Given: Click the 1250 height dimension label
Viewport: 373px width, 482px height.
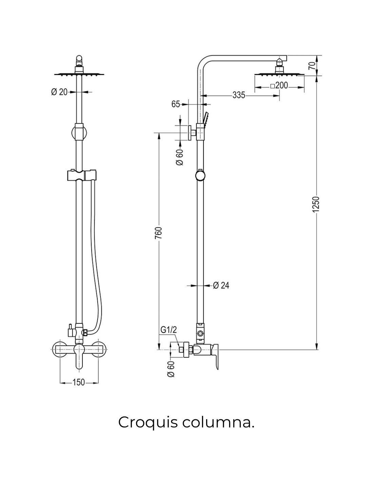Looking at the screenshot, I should (316, 204).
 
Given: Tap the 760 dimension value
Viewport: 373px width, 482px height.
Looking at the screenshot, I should (158, 233).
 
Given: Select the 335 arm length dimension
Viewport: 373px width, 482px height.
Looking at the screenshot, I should (239, 95).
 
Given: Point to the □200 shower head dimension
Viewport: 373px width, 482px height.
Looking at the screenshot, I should (279, 85).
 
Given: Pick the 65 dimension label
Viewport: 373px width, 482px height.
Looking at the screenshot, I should (176, 104).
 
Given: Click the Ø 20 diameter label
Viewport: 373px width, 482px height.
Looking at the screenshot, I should (59, 92).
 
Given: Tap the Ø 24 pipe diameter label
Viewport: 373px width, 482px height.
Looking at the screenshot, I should (221, 285).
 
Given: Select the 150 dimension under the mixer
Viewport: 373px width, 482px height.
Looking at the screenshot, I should (78, 382).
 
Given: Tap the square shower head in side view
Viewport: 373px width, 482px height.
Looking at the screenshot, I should (279, 75).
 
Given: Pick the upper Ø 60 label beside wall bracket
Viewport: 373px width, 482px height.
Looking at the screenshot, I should (180, 157).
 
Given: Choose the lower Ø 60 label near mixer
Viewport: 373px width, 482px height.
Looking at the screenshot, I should (171, 369).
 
